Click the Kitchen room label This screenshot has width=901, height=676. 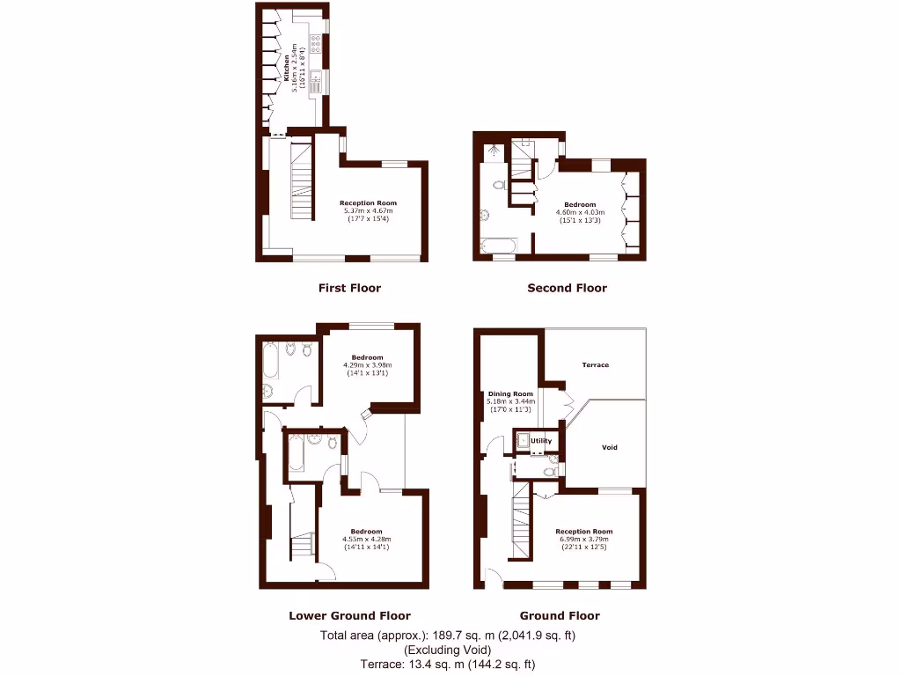[x=285, y=69]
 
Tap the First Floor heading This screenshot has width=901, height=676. [x=349, y=288]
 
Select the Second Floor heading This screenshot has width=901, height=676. [x=567, y=288]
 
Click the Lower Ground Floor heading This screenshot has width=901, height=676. [x=349, y=616]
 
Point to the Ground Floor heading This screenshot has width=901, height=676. [x=560, y=616]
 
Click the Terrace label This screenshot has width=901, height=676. [x=596, y=364]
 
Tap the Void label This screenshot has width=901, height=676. [x=609, y=447]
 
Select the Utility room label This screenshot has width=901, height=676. [x=541, y=440]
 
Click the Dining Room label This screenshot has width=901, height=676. [x=510, y=394]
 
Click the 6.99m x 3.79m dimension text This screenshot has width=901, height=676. [x=583, y=540]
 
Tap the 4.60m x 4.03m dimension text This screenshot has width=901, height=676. [x=580, y=212]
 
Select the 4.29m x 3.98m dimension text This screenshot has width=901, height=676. [x=367, y=365]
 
